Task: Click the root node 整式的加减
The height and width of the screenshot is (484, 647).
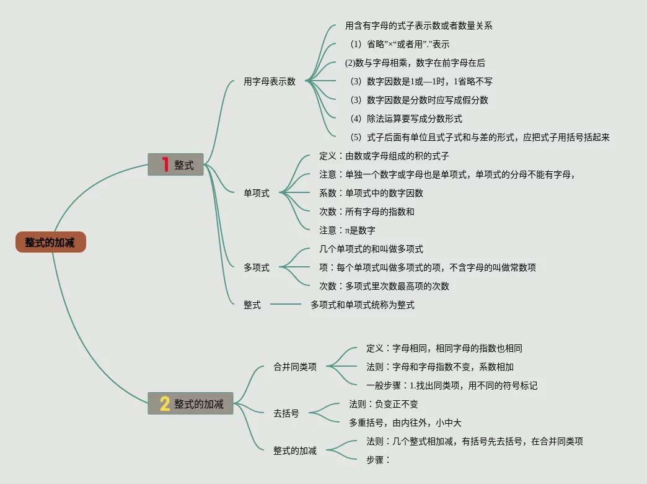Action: click(50, 243)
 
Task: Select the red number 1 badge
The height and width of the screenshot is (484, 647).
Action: click(165, 164)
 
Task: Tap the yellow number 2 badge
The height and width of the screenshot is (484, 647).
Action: click(164, 404)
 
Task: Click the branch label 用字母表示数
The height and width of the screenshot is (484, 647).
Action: click(270, 81)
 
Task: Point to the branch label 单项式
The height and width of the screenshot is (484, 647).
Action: click(257, 193)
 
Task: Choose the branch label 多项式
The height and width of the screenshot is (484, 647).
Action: click(257, 267)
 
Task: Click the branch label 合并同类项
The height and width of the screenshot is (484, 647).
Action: click(295, 367)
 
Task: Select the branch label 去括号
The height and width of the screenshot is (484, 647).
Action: click(286, 413)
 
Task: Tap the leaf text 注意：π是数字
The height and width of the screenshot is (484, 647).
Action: click(347, 230)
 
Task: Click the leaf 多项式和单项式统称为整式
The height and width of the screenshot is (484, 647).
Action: click(363, 305)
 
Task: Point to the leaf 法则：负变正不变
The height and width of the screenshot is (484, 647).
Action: click(384, 404)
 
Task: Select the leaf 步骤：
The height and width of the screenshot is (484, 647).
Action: click(378, 460)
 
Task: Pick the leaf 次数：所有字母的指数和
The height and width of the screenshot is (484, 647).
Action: click(367, 212)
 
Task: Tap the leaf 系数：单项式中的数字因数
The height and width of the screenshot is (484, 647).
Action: click(371, 193)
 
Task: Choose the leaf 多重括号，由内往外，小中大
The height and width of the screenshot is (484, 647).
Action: click(405, 423)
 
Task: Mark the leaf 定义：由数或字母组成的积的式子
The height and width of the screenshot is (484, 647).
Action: click(384, 156)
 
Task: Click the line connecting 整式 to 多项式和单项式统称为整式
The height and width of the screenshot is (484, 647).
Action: click(285, 305)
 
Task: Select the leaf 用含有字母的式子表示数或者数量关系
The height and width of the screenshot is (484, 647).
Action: click(419, 25)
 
